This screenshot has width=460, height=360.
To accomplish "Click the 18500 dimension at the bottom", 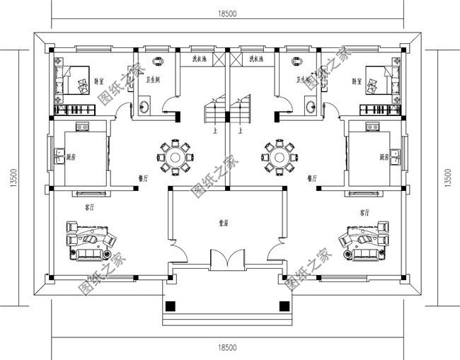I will tap(227, 347).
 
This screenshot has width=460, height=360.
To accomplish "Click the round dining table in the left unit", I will tap(175, 155).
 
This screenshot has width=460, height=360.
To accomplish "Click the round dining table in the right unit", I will tap(278, 155).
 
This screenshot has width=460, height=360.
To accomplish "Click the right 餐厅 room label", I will tap(312, 179).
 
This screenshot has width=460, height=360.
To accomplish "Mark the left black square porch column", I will tap(171, 306).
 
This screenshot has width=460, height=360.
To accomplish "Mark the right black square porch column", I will tap(283, 306).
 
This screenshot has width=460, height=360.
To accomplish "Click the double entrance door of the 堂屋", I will tap(226, 259).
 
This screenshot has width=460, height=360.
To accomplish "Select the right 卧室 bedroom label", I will tap(355, 81).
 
